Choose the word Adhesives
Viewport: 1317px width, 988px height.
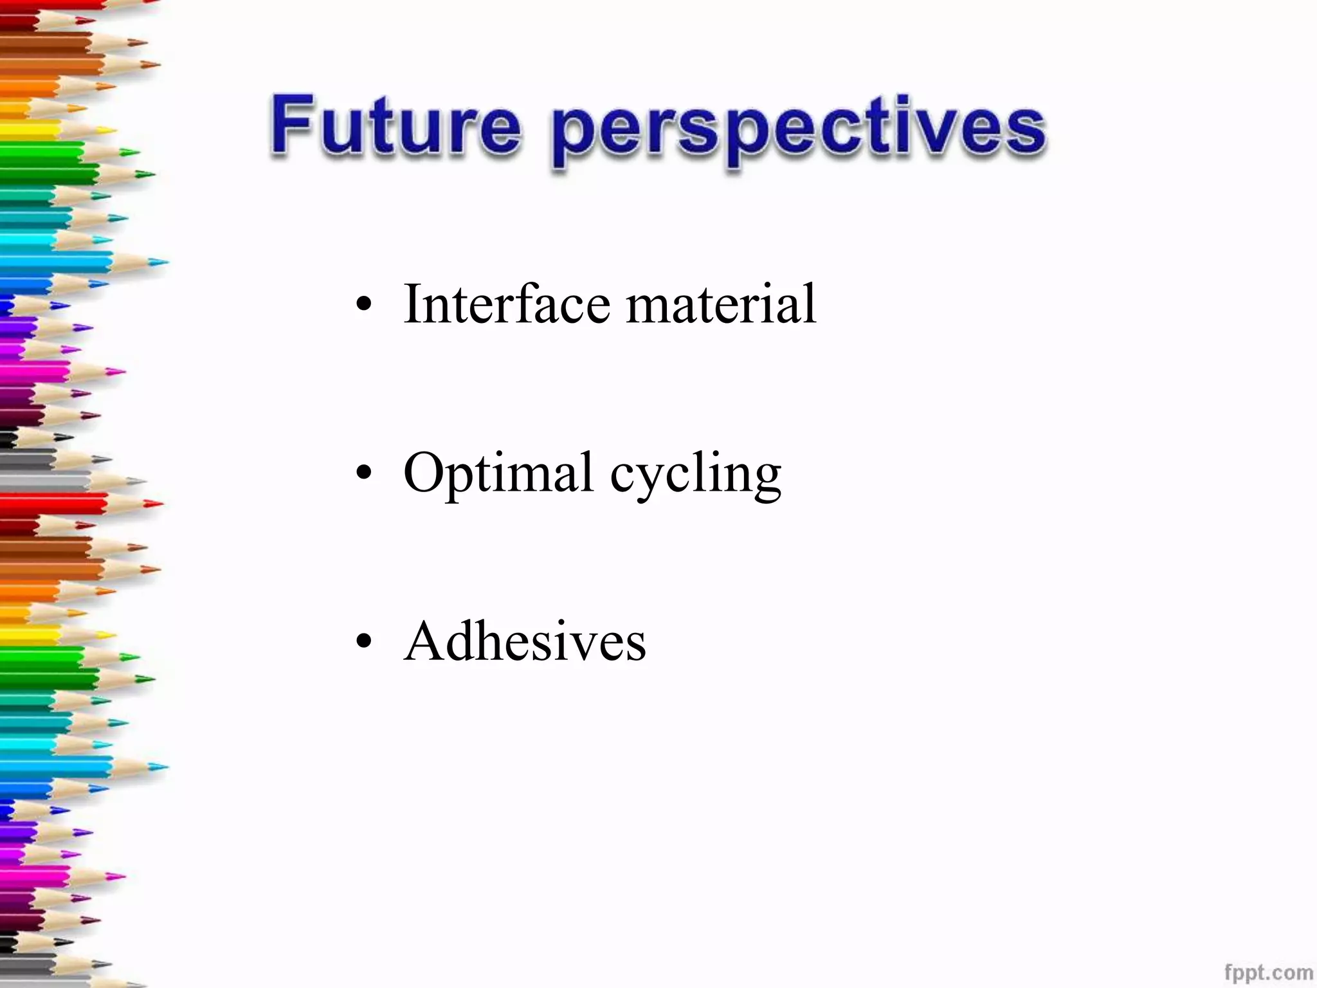click(525, 641)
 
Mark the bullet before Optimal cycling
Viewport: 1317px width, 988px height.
click(364, 474)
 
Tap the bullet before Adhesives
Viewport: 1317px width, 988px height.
click(364, 642)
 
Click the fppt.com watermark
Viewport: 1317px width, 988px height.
click(1268, 971)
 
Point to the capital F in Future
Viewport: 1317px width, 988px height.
click(293, 123)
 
